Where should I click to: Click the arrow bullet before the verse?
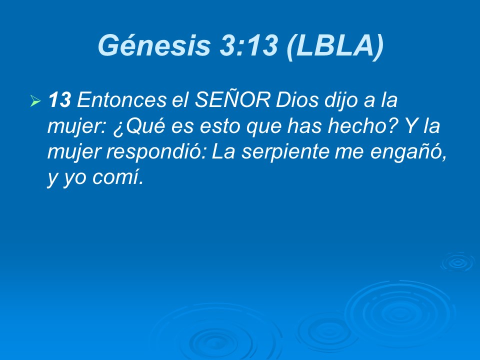point(35,101)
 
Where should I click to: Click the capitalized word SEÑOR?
point(228,101)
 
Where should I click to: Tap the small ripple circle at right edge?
point(456,261)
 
